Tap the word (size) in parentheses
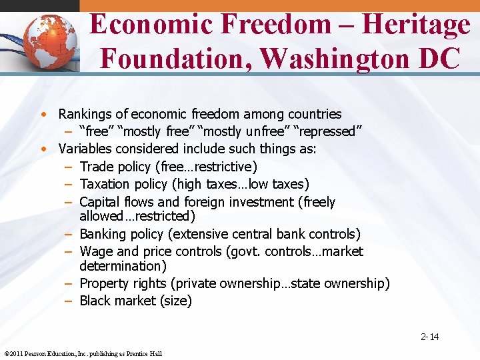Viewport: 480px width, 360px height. (176, 301)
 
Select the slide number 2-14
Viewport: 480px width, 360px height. (430, 337)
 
